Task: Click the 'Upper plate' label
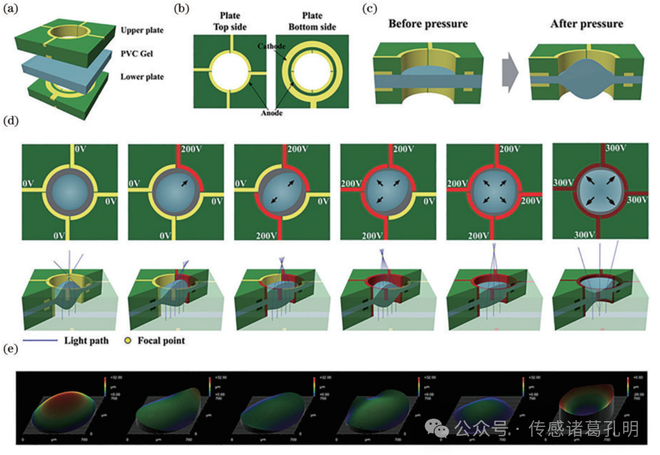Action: (x=142, y=30)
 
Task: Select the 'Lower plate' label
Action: (x=142, y=77)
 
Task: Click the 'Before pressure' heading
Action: (x=428, y=24)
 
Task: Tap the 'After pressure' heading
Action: (x=587, y=24)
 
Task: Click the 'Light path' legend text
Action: (x=86, y=340)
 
